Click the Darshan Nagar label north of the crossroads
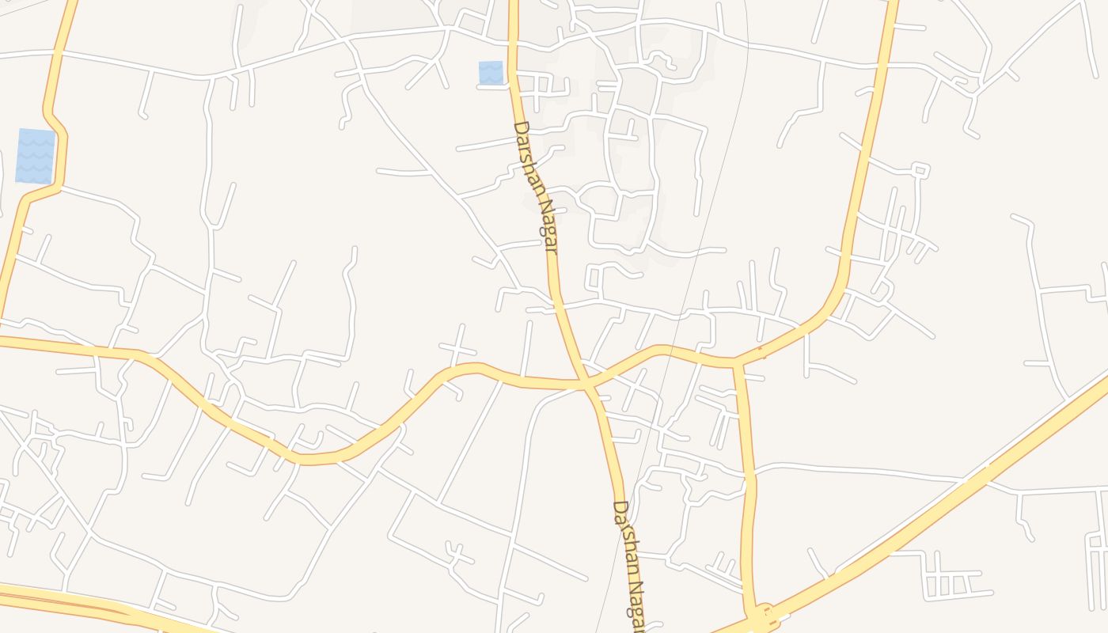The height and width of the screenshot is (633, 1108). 536,187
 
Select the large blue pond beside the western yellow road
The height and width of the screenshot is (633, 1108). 36,156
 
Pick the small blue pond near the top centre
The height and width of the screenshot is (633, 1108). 491,73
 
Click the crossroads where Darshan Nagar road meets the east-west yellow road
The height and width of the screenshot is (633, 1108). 586,385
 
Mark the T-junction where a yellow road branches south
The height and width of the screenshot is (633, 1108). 738,364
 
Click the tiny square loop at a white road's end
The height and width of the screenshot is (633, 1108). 919,169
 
